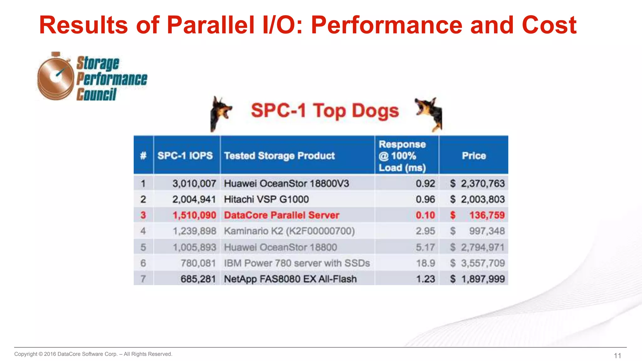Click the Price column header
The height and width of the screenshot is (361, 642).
pos(474,156)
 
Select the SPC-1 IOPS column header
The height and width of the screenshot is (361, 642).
pos(185,156)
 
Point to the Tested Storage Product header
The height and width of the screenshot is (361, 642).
pos(279,156)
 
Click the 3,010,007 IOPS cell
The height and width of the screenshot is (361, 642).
pos(194,184)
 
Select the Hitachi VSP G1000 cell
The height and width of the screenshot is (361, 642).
pos(266,199)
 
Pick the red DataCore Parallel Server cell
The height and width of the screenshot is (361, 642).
pos(282,215)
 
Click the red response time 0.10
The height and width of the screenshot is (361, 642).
pos(425,215)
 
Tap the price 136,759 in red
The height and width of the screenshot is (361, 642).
pos(487,215)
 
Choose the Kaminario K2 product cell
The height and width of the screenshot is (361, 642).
pos(289,231)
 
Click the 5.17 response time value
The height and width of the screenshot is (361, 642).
pos(425,247)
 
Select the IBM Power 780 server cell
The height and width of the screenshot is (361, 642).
pos(297,263)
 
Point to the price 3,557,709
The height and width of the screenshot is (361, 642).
pos(482,263)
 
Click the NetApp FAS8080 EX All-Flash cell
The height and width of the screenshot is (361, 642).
pos(290,279)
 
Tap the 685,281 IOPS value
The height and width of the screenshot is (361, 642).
pos(198,279)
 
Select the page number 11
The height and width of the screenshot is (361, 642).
pos(617,356)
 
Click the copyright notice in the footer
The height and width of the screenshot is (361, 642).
pos(93,354)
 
